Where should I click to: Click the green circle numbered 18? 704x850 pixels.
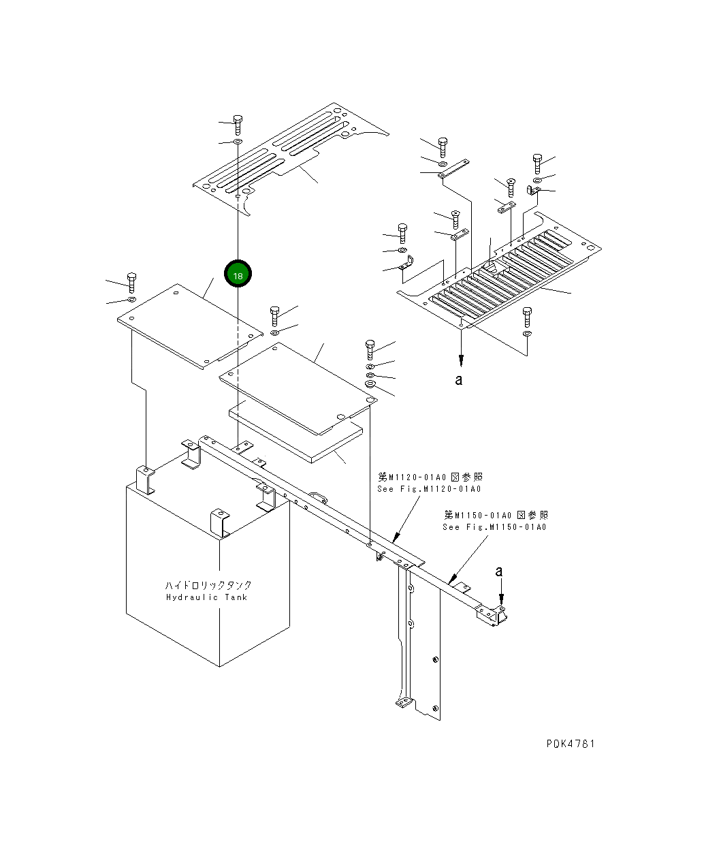click(x=238, y=274)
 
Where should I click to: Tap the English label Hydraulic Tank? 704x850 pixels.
click(x=207, y=598)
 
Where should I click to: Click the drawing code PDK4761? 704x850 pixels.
click(x=570, y=744)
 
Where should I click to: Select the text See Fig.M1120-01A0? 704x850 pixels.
click(x=429, y=489)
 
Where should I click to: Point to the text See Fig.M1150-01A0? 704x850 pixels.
click(x=494, y=526)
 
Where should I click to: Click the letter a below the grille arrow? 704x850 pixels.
click(x=459, y=379)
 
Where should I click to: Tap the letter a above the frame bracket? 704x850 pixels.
click(x=499, y=571)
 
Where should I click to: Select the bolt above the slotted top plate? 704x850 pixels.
click(x=238, y=123)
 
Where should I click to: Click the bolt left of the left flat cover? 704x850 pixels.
click(x=131, y=280)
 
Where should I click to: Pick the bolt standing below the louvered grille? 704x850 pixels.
click(x=527, y=316)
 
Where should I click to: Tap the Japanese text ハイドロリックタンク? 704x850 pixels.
click(x=208, y=585)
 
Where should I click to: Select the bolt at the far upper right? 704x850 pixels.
click(x=537, y=163)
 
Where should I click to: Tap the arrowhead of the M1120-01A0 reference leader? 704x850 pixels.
click(x=394, y=539)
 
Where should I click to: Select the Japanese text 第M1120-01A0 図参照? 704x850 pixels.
click(x=430, y=477)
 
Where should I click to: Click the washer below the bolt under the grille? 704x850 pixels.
click(x=528, y=334)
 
